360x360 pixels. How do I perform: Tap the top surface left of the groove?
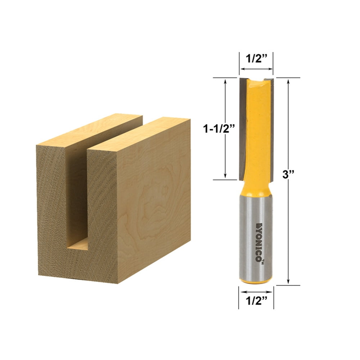coord(90,130)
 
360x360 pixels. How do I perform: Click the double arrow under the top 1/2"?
coord(256,69)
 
